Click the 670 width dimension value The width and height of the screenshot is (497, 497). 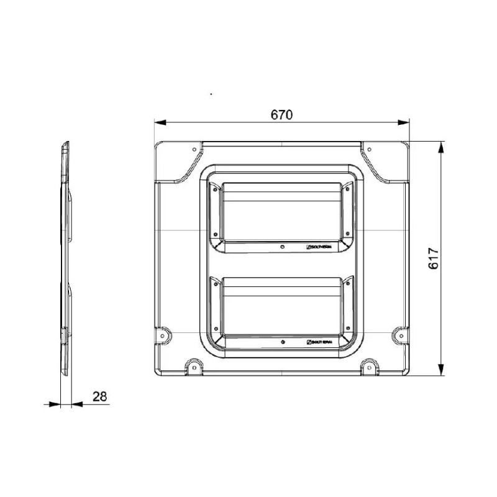pos(281,115)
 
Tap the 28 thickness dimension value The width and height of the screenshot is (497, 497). pos(99,396)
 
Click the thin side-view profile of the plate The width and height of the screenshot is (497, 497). pos(65,261)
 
